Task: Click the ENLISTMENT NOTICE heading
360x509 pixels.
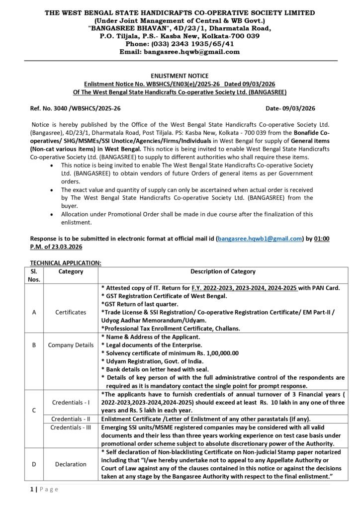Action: (x=180, y=76)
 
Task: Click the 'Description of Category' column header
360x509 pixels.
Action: (x=223, y=271)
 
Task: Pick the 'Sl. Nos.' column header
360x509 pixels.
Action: (x=34, y=275)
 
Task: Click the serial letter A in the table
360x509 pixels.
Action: (x=34, y=312)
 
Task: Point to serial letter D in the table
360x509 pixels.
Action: (x=34, y=464)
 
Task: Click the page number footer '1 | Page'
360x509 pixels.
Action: (x=44, y=489)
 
